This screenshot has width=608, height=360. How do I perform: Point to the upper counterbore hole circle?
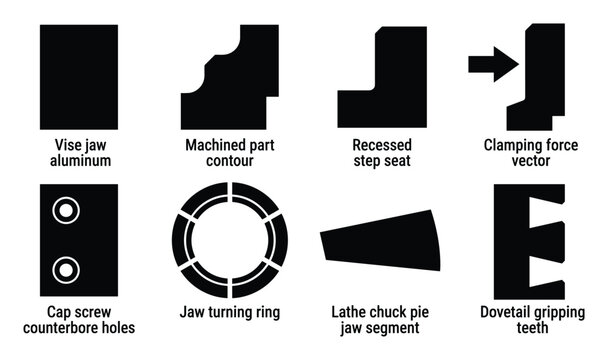[66, 211]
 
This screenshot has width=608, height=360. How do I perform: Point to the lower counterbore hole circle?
[66, 268]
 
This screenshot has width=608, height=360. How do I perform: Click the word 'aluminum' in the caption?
[78, 160]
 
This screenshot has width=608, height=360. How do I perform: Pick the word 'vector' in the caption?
[530, 160]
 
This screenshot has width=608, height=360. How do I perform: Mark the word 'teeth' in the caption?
[530, 327]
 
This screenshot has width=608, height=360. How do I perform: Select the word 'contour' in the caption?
[230, 160]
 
